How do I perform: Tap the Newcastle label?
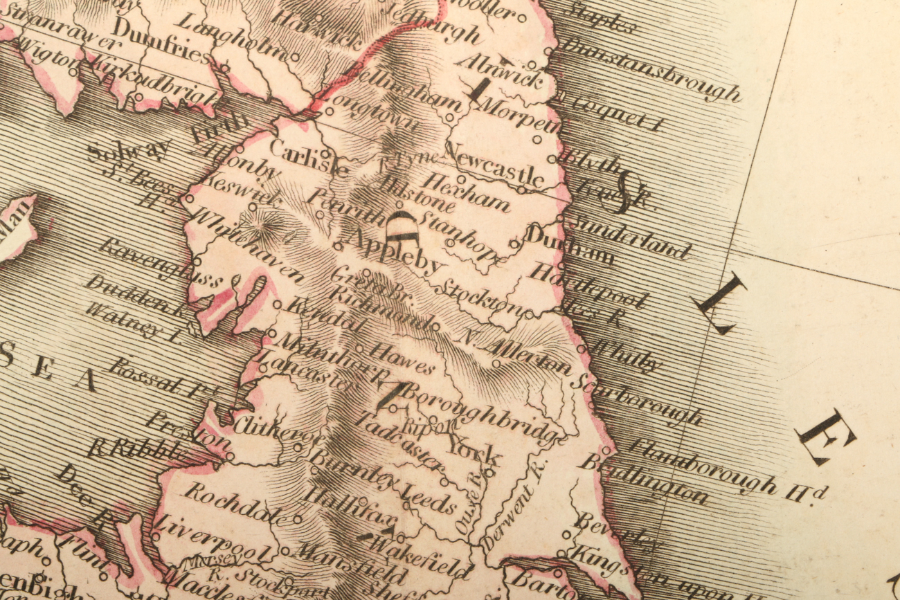click(494, 163)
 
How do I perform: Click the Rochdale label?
click(235, 503)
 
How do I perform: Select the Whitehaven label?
click(245, 246)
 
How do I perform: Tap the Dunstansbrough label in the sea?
click(651, 70)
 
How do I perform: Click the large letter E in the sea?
click(825, 436)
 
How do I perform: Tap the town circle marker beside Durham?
click(514, 243)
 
